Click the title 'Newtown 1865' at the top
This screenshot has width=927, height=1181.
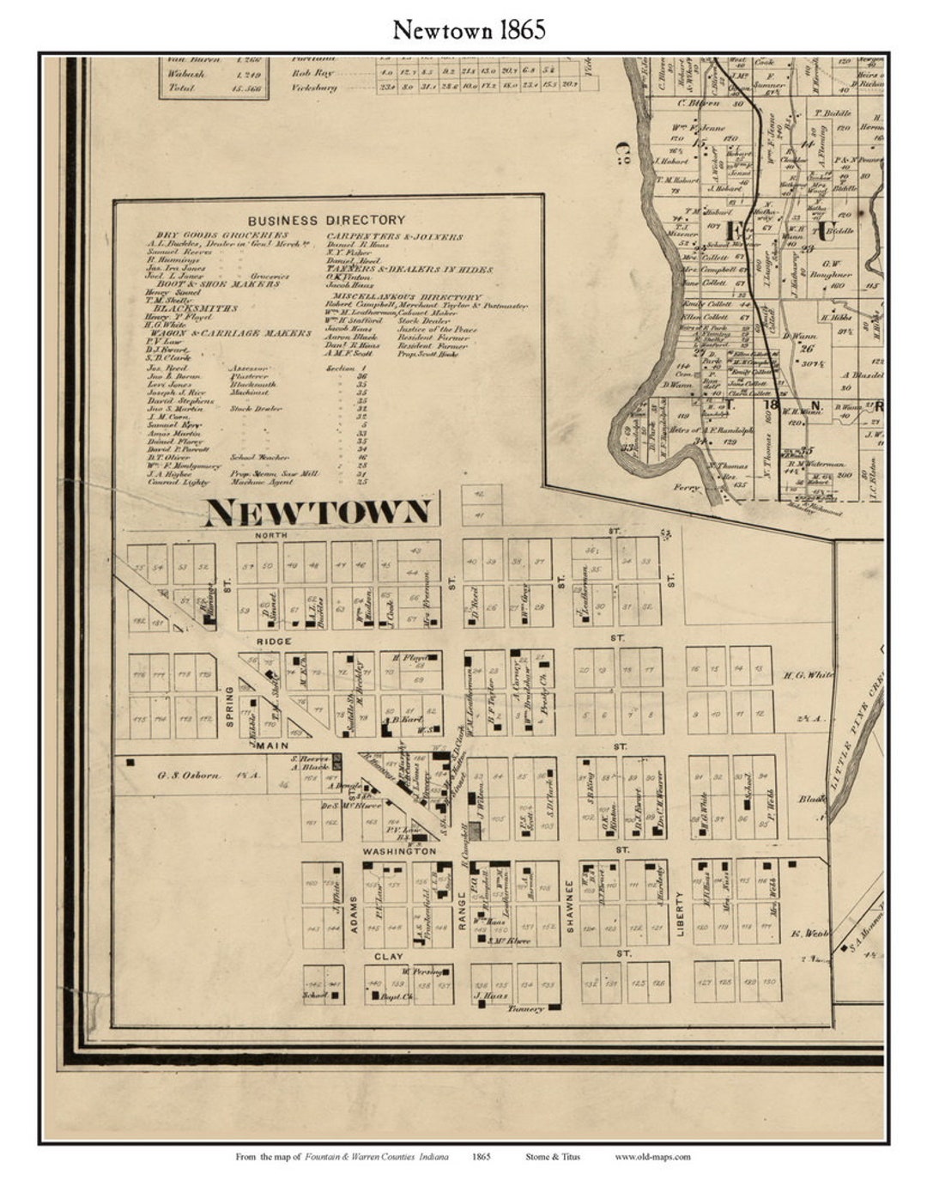pyautogui.click(x=469, y=30)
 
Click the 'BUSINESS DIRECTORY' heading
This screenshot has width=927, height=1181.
pyautogui.click(x=326, y=221)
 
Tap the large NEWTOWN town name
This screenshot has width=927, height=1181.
pyautogui.click(x=318, y=513)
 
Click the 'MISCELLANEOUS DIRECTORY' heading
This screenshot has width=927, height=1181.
pyautogui.click(x=403, y=296)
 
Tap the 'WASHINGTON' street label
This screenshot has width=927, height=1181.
pyautogui.click(x=399, y=851)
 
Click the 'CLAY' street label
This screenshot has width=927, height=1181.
pyautogui.click(x=388, y=956)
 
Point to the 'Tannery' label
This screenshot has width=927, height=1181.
pyautogui.click(x=525, y=1009)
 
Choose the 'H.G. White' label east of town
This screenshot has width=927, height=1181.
pyautogui.click(x=809, y=675)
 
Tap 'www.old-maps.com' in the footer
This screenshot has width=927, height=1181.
pyautogui.click(x=652, y=1156)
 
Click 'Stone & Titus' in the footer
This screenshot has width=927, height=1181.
pyautogui.click(x=552, y=1156)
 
